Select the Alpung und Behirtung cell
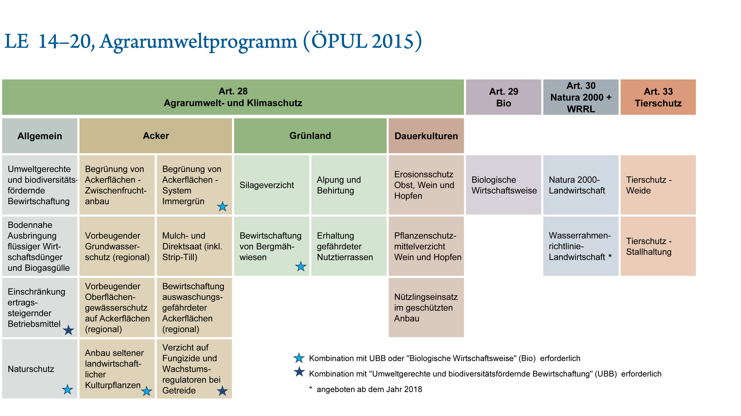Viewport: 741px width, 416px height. pos(349,185)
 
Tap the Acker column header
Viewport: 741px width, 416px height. pos(156,135)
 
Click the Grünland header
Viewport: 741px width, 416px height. pos(310,135)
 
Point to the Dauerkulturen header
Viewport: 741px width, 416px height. pos(426,135)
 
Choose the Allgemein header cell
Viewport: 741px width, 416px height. pos(40,135)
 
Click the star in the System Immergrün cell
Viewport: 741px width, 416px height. pos(222,206)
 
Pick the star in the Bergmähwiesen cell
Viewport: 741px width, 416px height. pos(301,266)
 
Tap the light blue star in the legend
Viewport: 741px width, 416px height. pos(299,358)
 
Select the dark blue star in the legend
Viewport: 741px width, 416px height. pos(299,372)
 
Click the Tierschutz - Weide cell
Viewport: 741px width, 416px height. pos(658,185)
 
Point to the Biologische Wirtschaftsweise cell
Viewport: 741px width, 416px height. pos(503,185)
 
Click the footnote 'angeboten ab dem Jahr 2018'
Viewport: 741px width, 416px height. pos(369,389)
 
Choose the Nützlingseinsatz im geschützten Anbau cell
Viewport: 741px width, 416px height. pos(426,308)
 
